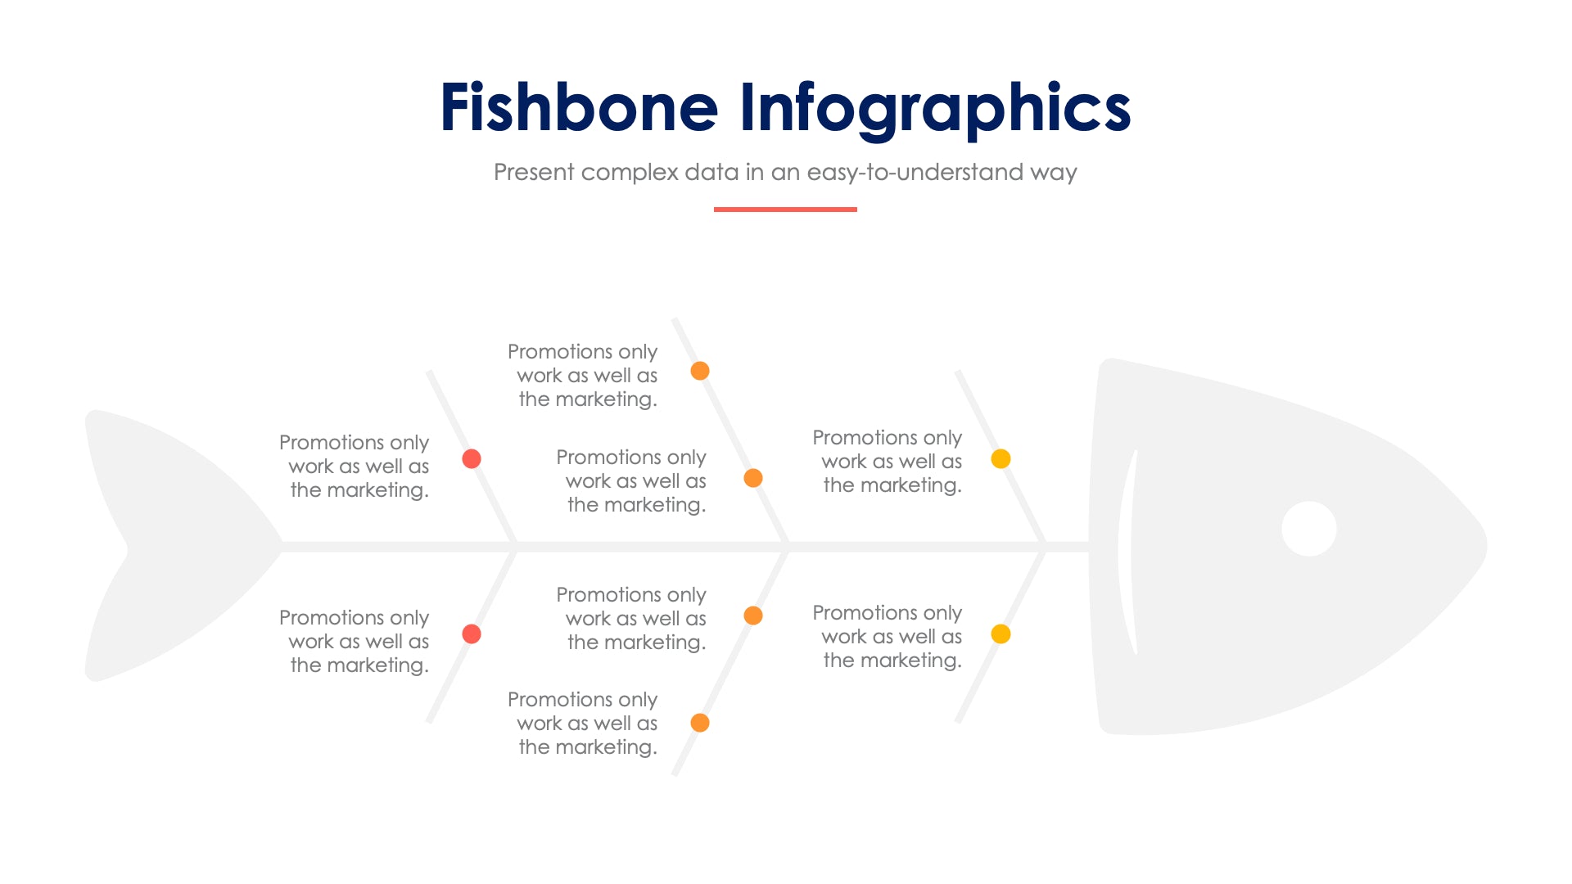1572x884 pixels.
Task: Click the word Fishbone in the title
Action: (x=578, y=108)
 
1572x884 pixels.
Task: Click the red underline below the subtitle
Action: (x=784, y=210)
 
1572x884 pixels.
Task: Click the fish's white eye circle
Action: (x=1308, y=529)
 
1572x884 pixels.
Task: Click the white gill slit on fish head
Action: (x=1127, y=552)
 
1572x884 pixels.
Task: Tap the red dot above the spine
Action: (x=472, y=458)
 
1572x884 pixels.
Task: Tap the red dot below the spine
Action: (x=472, y=634)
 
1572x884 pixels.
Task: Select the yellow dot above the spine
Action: (x=1001, y=458)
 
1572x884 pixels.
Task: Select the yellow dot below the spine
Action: (x=1001, y=634)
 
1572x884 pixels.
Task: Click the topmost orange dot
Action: (x=700, y=371)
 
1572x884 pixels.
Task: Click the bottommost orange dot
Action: (x=700, y=723)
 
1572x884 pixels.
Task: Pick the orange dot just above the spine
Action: (x=753, y=478)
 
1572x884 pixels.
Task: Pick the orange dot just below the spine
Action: (x=753, y=616)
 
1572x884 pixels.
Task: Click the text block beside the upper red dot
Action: (x=355, y=466)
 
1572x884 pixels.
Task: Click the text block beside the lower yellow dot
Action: (x=888, y=636)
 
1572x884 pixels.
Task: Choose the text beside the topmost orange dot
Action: (x=584, y=375)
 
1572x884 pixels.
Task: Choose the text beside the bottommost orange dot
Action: (x=584, y=723)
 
